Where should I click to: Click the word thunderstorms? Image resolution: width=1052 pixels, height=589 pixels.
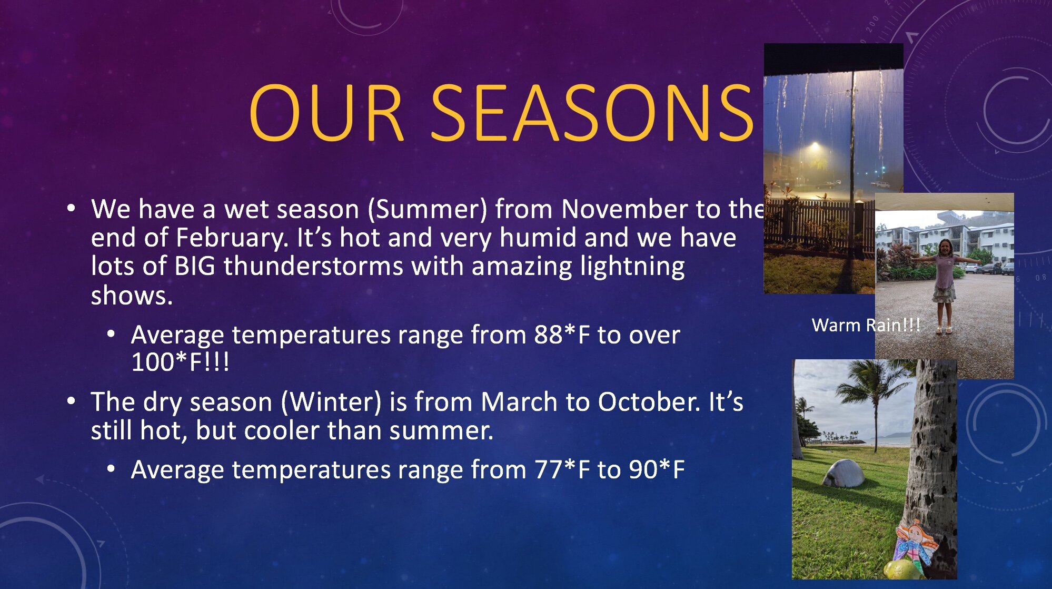(x=313, y=266)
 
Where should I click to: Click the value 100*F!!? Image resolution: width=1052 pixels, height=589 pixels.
(x=180, y=362)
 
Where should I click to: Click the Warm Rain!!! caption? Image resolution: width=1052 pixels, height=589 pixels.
(x=866, y=325)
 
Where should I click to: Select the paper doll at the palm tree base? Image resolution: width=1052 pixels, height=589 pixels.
(x=916, y=548)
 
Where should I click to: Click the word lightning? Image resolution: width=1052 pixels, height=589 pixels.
(x=632, y=266)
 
